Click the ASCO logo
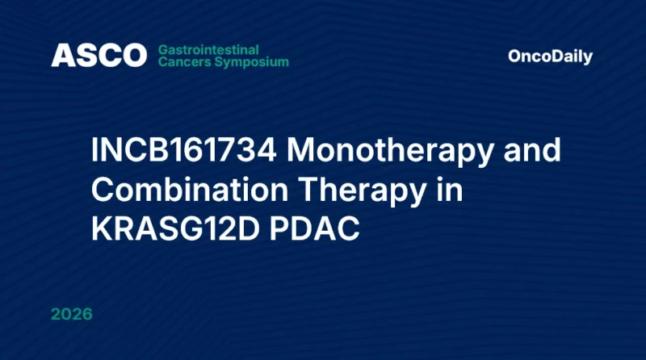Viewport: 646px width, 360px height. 99,56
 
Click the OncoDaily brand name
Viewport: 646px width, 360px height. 550,57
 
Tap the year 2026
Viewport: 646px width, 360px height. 71,314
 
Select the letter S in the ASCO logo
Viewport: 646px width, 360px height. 85,56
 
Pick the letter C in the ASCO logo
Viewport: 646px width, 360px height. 107,56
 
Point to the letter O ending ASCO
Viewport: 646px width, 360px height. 133,56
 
